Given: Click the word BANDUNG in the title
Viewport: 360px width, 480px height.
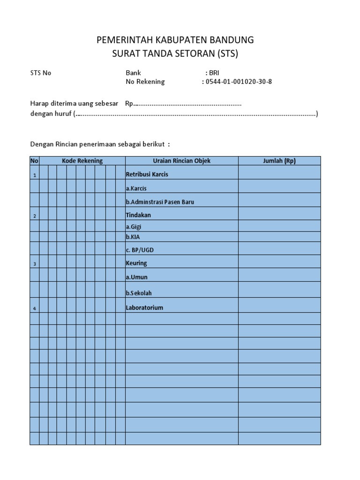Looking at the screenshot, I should (x=230, y=40).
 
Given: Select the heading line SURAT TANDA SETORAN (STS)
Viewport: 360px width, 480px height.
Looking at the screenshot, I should (x=175, y=53).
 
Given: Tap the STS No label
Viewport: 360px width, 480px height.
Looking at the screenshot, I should (x=41, y=73).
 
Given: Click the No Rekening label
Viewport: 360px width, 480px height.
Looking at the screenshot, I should (x=145, y=82).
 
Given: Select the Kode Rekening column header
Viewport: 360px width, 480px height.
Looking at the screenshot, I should (x=82, y=161).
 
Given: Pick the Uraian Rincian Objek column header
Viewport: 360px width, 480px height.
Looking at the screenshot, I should (x=182, y=161).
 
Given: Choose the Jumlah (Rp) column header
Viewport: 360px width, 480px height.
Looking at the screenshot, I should (x=279, y=161).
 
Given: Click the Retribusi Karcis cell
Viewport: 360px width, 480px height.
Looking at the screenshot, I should (x=147, y=174).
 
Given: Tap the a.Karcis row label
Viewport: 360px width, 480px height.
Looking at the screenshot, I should (x=136, y=188).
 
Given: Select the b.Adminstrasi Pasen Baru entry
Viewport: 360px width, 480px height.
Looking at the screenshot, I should (x=160, y=202).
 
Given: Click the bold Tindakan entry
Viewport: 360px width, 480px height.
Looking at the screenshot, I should (x=138, y=215).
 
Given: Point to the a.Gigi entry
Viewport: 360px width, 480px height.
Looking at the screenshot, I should (x=134, y=226).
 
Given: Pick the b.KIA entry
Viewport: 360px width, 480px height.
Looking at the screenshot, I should (x=133, y=237).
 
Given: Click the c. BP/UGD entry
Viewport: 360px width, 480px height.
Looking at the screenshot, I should (x=140, y=250).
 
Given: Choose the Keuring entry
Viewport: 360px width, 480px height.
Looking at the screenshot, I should (x=136, y=263).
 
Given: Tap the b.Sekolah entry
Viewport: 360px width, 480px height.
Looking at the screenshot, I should (x=139, y=293).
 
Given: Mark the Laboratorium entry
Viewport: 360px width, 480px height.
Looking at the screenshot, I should (x=144, y=308).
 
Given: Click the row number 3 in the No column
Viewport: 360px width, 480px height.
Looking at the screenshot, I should (x=34, y=264).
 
